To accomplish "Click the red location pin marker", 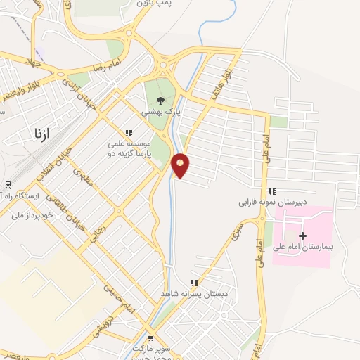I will click(x=181, y=165).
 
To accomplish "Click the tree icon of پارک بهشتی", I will click(x=161, y=101).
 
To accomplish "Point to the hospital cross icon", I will click(x=303, y=236).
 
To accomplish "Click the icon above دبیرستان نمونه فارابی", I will click(x=272, y=192).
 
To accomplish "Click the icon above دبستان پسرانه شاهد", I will click(x=194, y=283).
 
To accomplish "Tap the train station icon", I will click(x=7, y=185).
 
